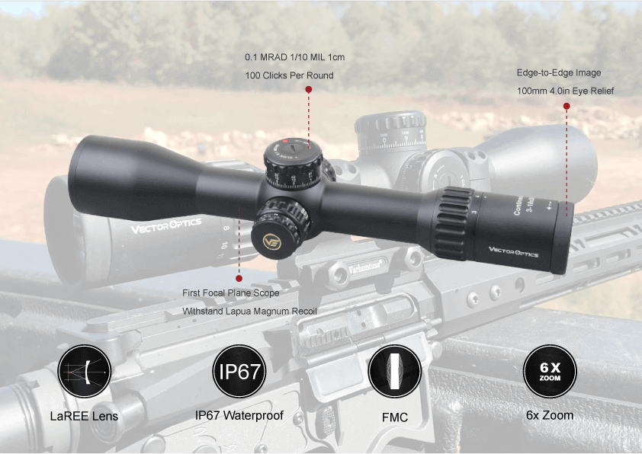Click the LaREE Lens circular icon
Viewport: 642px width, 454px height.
(x=84, y=372)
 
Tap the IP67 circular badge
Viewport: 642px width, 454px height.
(x=239, y=372)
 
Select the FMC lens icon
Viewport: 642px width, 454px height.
(x=394, y=372)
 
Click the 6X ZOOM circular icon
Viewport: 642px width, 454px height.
(x=550, y=372)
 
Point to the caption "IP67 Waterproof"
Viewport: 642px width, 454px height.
(x=239, y=416)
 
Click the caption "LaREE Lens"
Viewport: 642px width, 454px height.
(x=84, y=417)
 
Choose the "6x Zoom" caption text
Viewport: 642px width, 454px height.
(x=550, y=415)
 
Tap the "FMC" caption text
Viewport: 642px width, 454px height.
(x=394, y=417)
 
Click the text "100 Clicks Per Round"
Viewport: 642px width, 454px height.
(x=289, y=75)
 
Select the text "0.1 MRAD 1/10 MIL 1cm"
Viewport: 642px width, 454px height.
(x=294, y=57)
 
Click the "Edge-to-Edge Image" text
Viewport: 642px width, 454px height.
(x=559, y=73)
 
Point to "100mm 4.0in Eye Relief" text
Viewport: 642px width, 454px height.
(x=565, y=91)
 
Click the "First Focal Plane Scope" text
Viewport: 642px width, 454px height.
(x=230, y=293)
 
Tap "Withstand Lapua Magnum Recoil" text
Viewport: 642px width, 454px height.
(x=249, y=312)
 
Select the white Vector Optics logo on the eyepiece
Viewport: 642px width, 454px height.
(x=514, y=253)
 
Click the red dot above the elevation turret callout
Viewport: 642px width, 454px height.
(x=308, y=89)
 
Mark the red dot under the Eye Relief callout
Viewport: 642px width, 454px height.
(x=566, y=107)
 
